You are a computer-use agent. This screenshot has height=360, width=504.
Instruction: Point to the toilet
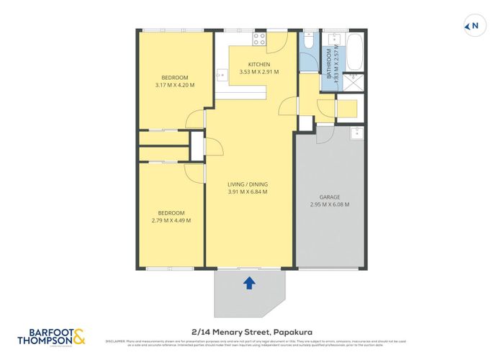click(x=307, y=42)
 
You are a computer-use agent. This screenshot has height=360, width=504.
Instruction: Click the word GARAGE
click(x=330, y=197)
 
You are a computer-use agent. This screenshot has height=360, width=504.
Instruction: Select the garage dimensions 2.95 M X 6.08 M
click(x=330, y=205)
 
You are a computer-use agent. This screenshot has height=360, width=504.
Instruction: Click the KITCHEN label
click(x=258, y=65)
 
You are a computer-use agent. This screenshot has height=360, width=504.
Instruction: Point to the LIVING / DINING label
click(x=248, y=184)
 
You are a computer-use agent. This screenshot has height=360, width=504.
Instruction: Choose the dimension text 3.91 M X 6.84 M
click(x=248, y=192)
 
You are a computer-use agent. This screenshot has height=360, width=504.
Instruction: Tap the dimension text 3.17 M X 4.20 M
click(x=174, y=86)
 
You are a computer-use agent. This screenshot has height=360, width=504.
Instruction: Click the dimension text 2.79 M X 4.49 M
click(x=171, y=220)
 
